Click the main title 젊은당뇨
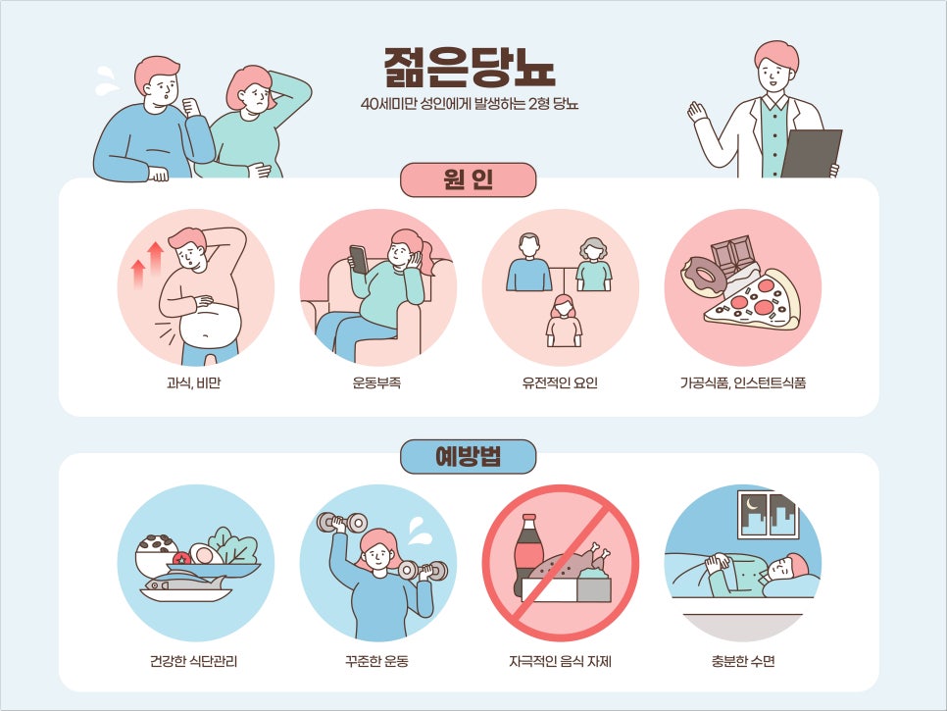click(470, 67)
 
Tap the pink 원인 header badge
click(468, 180)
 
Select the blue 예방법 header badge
click(468, 457)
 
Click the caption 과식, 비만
click(193, 382)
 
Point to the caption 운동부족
click(376, 382)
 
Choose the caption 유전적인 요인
click(560, 382)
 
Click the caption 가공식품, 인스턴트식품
click(743, 382)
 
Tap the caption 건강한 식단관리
click(193, 661)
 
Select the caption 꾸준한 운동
click(376, 661)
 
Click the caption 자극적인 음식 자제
click(560, 661)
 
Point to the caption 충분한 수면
click(743, 661)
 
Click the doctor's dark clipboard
click(812, 153)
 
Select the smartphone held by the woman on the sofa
click(358, 259)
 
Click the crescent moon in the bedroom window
click(752, 503)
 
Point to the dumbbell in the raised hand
click(342, 522)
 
